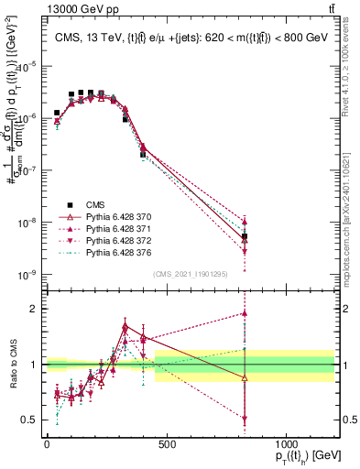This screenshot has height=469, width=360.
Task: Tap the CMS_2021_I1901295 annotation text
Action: (x=191, y=273)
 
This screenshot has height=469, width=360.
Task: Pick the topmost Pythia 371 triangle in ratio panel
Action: (x=245, y=313)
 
